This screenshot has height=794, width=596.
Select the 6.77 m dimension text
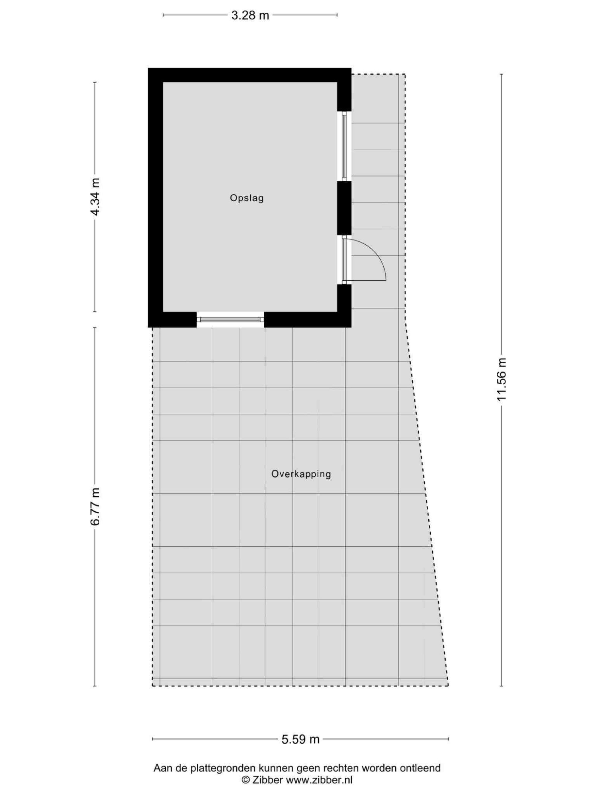pyautogui.click(x=96, y=506)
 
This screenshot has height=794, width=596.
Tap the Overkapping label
pyautogui.click(x=301, y=474)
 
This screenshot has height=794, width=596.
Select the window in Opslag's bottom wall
pyautogui.click(x=230, y=319)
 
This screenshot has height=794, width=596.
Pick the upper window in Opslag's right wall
pyautogui.click(x=344, y=146)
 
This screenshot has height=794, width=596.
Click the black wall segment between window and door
pyautogui.click(x=344, y=208)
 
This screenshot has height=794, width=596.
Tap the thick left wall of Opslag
pyautogui.click(x=155, y=198)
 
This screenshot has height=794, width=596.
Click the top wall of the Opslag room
pyautogui.click(x=249, y=75)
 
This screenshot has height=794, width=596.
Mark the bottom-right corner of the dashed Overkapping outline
pyautogui.click(x=448, y=686)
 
